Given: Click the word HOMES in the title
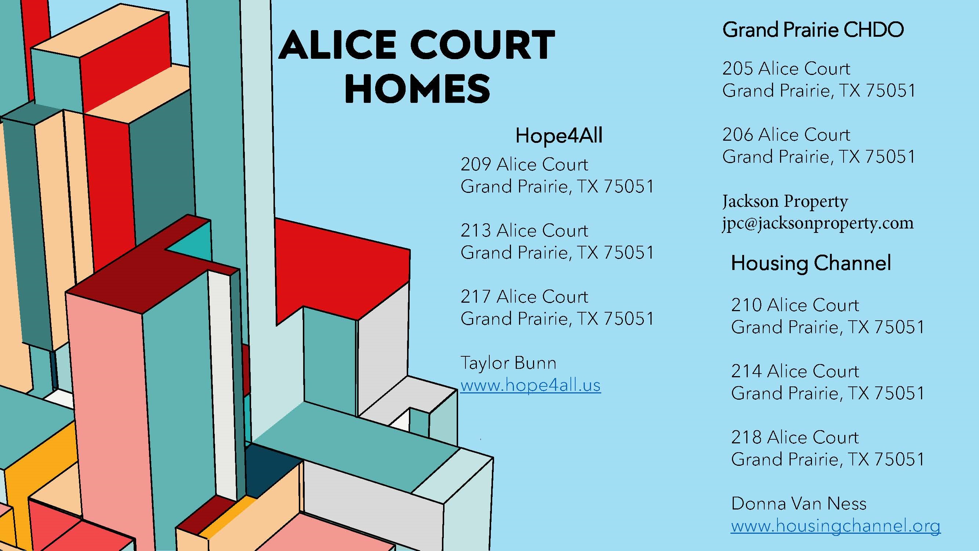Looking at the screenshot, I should (417, 89).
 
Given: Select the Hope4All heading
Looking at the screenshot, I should (559, 136).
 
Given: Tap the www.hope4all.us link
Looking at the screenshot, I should (530, 385).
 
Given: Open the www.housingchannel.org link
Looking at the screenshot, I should (835, 526).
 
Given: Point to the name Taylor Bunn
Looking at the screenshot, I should (508, 363).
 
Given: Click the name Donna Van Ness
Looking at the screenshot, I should (798, 504).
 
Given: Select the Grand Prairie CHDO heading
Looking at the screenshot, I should (813, 30).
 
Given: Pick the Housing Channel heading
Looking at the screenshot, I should (811, 263).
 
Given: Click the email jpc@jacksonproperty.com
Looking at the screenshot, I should (817, 223).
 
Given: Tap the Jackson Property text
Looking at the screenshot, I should (785, 201).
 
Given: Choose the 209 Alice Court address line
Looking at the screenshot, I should (524, 165).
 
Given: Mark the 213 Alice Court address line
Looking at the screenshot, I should (524, 231).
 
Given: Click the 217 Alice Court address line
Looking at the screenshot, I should (524, 297).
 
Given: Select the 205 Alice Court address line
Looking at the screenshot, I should (786, 69).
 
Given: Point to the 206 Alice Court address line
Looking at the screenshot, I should (786, 135).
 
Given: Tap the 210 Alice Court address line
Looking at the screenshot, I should (795, 305).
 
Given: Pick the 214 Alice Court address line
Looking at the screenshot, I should (795, 371).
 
